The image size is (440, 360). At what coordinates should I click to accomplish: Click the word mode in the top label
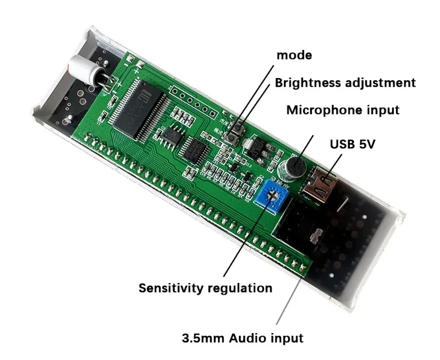tap(294, 55)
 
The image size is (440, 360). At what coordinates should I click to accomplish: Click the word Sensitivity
tap(170, 287)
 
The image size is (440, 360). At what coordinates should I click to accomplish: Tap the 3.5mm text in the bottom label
tap(201, 337)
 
